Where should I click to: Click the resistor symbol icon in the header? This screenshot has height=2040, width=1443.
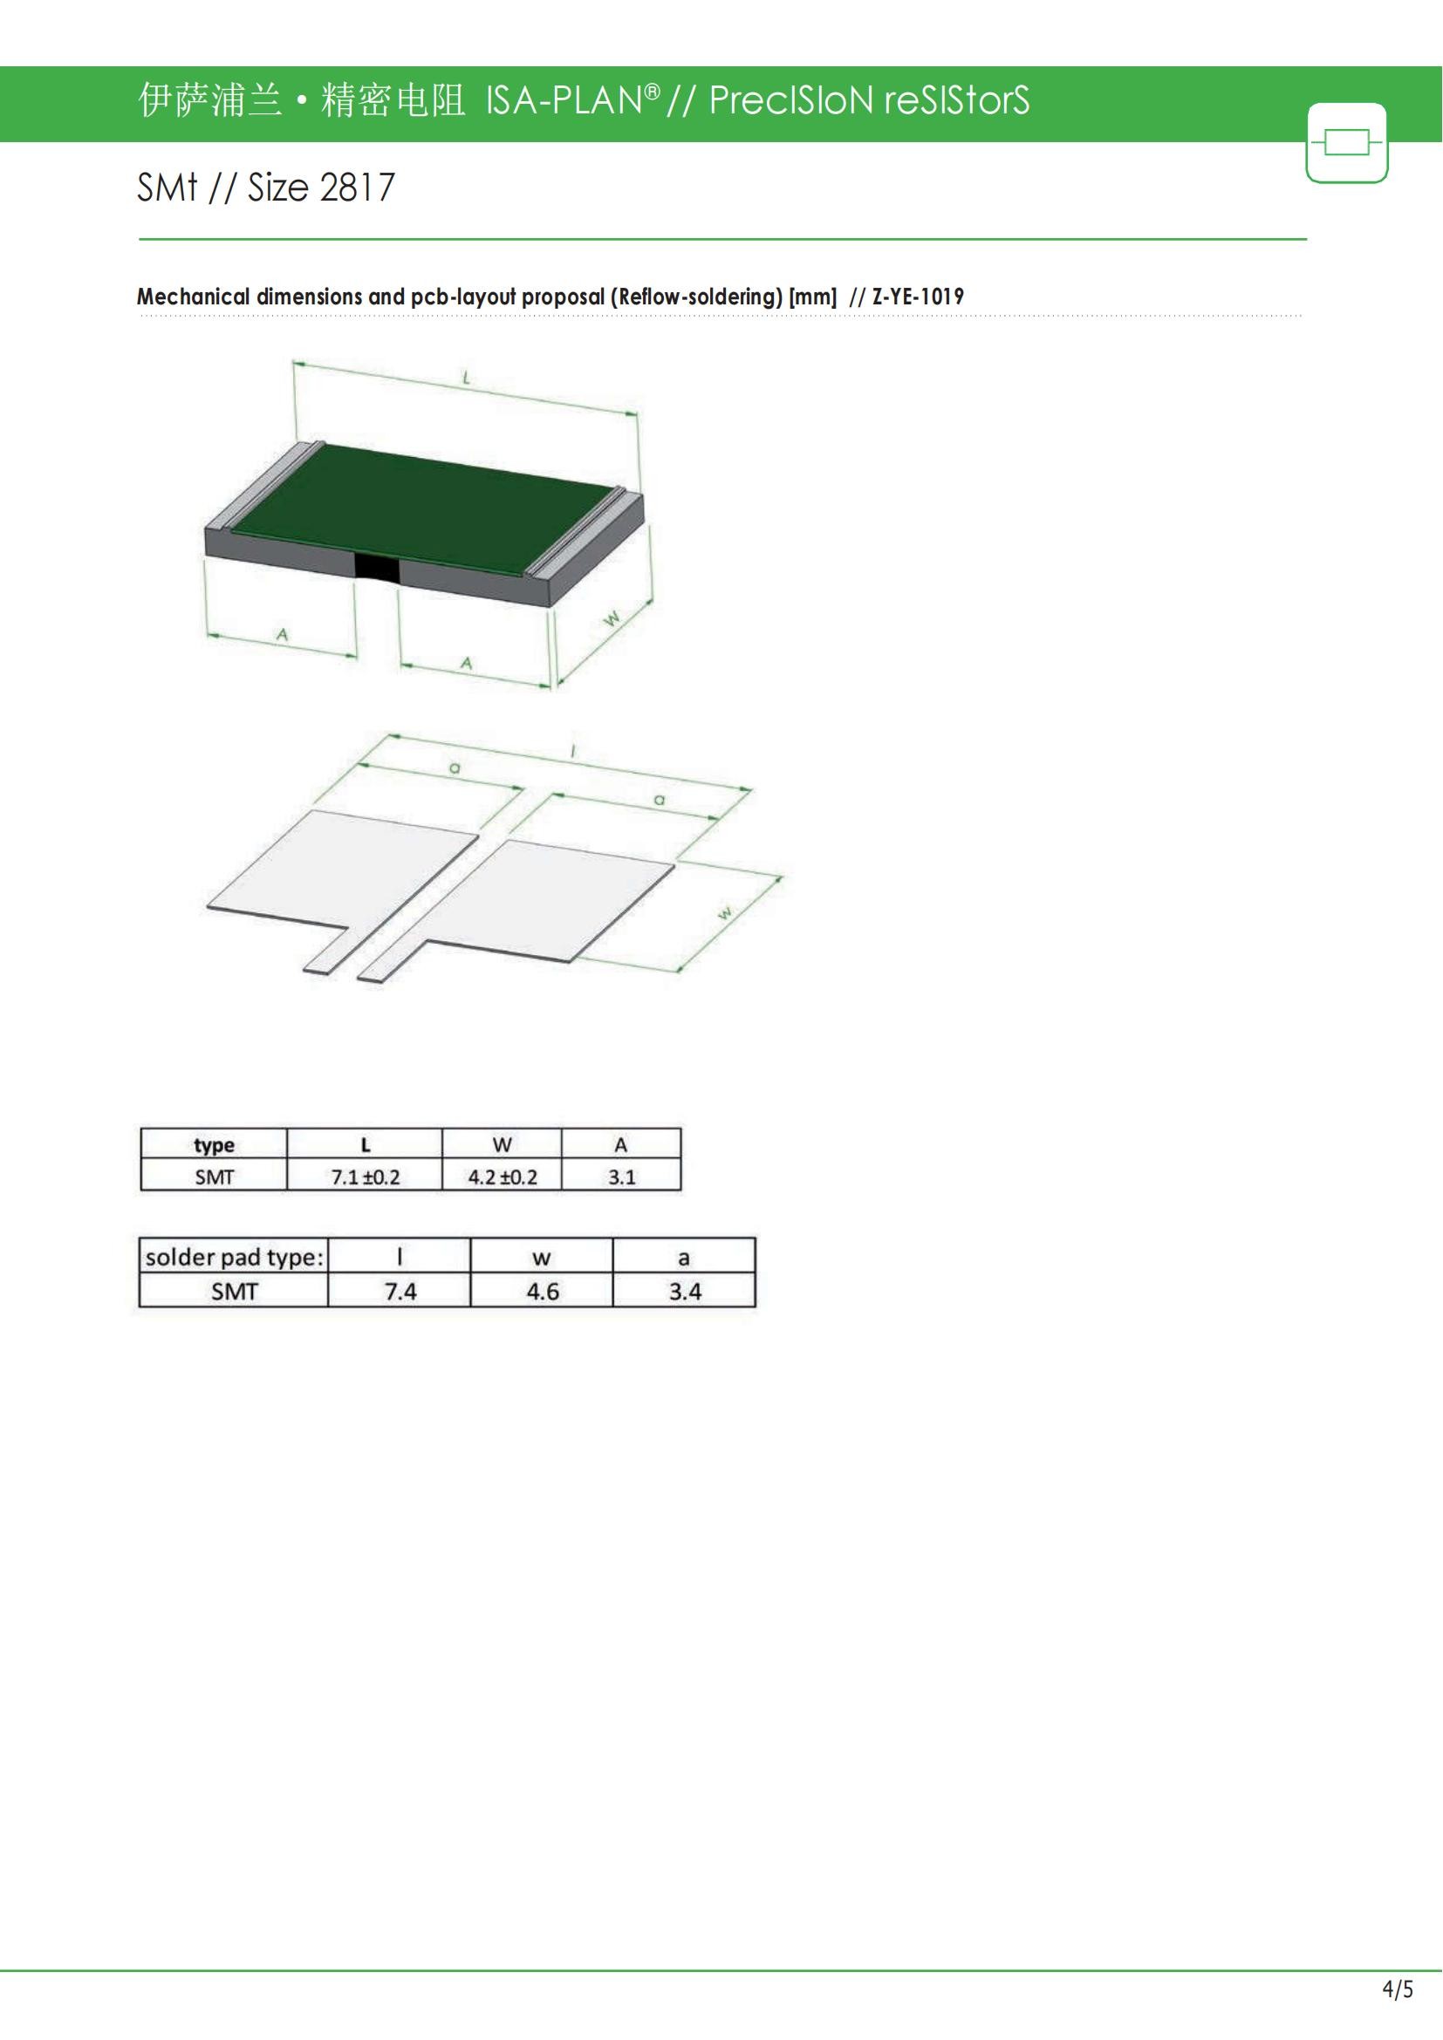pos(1347,142)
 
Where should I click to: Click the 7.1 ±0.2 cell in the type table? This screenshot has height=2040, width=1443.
pos(366,1177)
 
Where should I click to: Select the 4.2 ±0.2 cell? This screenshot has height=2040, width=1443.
pos(502,1177)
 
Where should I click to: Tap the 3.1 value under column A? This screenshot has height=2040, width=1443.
pos(621,1177)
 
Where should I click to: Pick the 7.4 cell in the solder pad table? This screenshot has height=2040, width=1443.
pos(400,1291)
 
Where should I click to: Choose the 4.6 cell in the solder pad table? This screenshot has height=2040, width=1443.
pos(542,1291)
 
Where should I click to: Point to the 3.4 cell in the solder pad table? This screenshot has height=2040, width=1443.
pos(684,1291)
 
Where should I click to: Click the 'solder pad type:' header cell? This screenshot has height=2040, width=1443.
pos(235,1256)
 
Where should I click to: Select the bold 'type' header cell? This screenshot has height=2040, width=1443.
pos(214,1144)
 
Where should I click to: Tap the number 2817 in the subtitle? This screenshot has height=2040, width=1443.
pos(356,188)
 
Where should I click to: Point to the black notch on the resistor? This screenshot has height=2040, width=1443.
pos(377,567)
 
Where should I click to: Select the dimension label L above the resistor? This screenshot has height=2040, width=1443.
pos(466,379)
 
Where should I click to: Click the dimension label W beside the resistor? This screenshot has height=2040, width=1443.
pos(612,619)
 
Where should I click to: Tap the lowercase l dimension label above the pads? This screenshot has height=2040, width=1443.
pos(573,752)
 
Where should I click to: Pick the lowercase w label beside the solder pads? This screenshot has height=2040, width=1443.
pos(725,912)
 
